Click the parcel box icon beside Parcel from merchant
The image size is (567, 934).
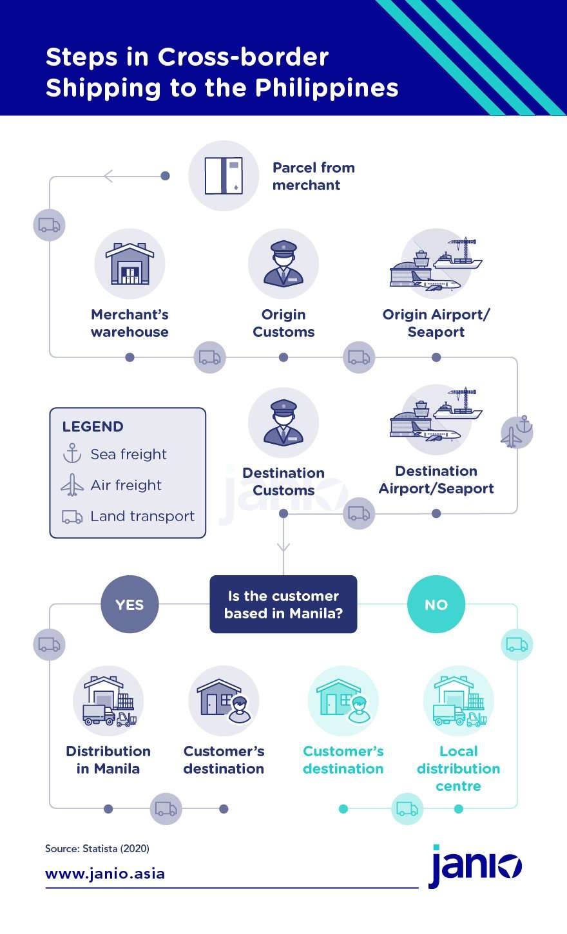[x=224, y=176]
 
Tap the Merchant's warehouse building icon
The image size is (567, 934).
[x=130, y=264]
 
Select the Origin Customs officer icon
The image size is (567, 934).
[x=283, y=264]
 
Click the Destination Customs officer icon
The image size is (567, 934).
[x=283, y=423]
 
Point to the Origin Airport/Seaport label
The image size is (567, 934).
[x=436, y=323]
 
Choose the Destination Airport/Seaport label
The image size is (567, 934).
[x=436, y=480]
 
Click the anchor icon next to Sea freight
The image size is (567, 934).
[x=72, y=453]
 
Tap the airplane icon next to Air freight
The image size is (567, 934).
[x=72, y=485]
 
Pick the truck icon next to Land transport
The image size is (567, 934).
[x=72, y=517]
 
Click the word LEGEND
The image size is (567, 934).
[x=93, y=426]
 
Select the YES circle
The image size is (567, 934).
[x=130, y=604]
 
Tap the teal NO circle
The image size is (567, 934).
[x=436, y=604]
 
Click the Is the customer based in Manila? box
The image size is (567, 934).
[x=283, y=604]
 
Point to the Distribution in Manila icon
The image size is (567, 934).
[x=108, y=701]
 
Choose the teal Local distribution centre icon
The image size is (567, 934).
[x=459, y=701]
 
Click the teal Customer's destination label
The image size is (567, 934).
[x=343, y=760]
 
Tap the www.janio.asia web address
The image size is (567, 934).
[x=105, y=873]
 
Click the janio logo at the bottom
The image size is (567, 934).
[x=475, y=866]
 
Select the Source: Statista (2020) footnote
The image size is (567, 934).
[x=97, y=848]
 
